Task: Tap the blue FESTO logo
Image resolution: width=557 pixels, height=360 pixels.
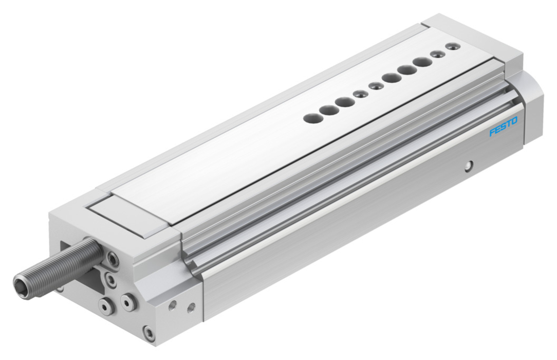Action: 504,127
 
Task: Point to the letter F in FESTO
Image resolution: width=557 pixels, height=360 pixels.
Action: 492,133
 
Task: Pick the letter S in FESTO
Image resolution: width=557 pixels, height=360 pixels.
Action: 504,127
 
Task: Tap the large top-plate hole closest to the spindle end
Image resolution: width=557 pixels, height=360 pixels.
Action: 311,117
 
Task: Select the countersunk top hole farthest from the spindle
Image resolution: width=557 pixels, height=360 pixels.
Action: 452,46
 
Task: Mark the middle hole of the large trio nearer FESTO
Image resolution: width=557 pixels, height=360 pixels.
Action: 407,69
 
